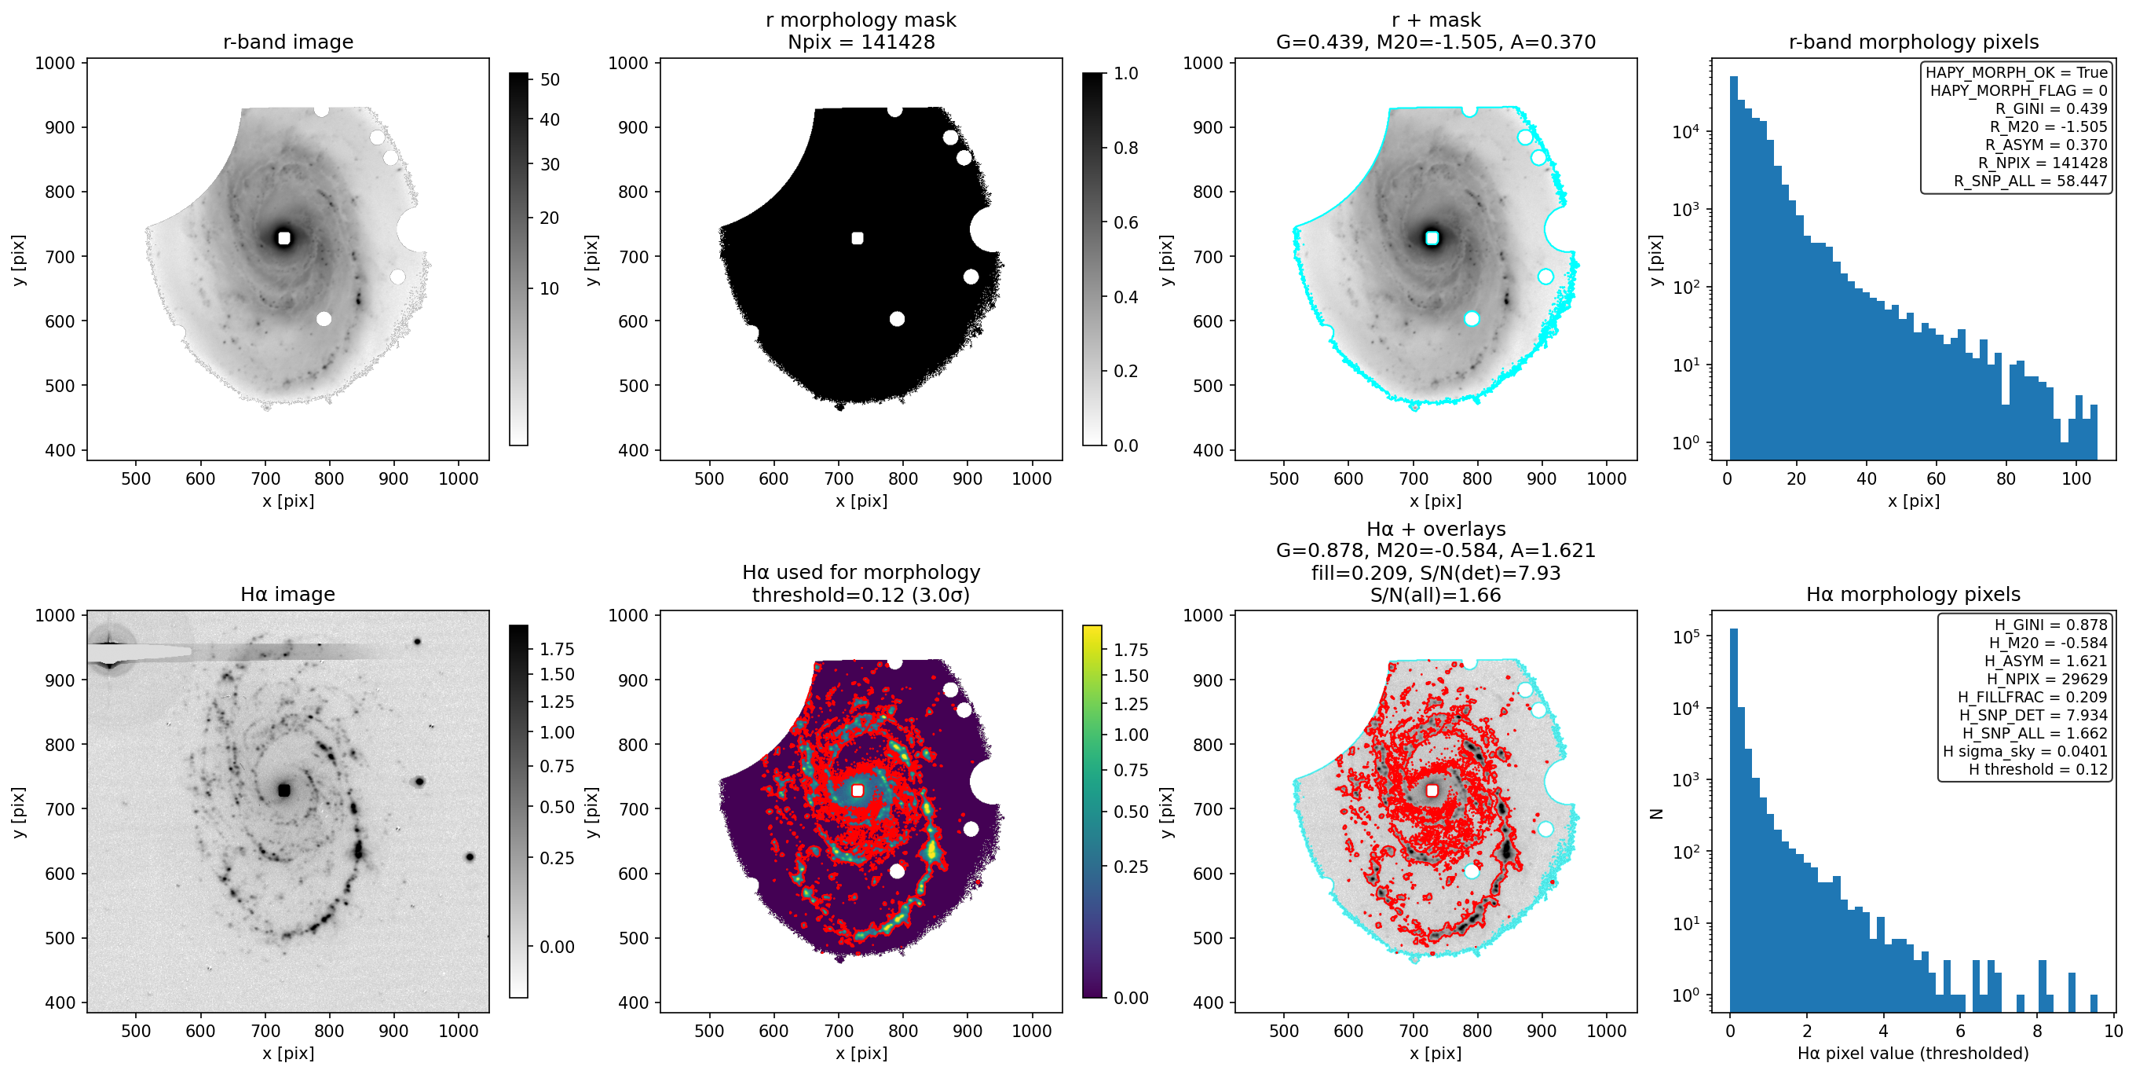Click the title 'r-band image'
(287, 42)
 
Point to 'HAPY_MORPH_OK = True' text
(2016, 72)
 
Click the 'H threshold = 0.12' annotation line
(2038, 770)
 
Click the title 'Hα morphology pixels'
(1913, 594)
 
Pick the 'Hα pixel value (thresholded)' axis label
(1913, 1054)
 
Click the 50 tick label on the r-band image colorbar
(550, 79)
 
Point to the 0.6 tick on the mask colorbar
(1125, 222)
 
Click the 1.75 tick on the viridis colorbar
(1131, 650)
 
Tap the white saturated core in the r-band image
(284, 238)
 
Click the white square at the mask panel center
(858, 238)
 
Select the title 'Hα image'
(287, 594)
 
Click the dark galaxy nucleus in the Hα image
(284, 790)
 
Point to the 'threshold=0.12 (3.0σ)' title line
(861, 595)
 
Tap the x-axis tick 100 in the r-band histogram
(2076, 478)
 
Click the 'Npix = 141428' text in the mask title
(861, 42)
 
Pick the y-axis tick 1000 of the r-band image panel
(55, 63)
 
